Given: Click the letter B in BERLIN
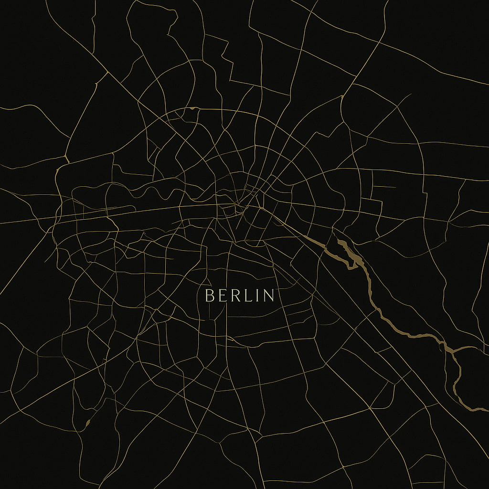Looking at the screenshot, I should click(x=209, y=296).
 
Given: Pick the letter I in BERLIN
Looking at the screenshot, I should click(x=255, y=296).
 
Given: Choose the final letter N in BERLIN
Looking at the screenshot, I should click(x=268, y=296).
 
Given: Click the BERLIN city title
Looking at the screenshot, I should click(x=239, y=296).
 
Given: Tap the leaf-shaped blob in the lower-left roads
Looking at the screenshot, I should click(x=87, y=423).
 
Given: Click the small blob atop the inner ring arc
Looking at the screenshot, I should click(x=192, y=108).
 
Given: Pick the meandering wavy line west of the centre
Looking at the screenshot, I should click(x=153, y=193).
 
